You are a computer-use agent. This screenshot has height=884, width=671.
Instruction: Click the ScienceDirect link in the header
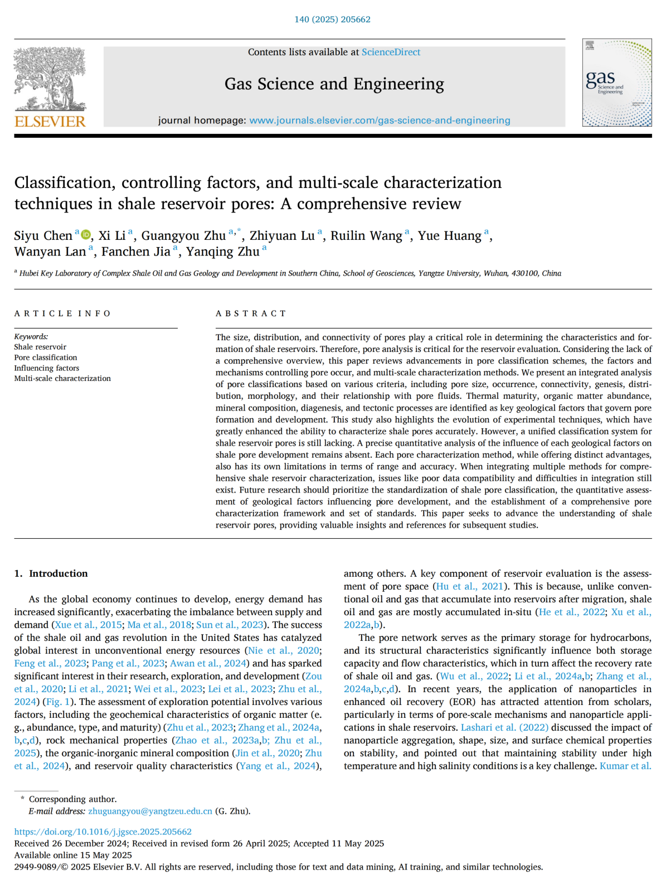click(x=391, y=52)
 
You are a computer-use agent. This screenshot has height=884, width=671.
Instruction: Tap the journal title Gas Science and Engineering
click(x=334, y=84)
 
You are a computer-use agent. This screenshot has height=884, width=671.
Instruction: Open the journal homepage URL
click(x=380, y=120)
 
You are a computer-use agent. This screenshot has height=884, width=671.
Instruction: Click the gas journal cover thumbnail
click(x=616, y=83)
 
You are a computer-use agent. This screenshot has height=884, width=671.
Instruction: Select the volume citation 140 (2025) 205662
click(x=332, y=20)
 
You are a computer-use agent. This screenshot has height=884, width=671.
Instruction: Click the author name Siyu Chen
click(x=43, y=236)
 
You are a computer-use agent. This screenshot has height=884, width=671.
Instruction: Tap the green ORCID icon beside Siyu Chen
click(x=86, y=235)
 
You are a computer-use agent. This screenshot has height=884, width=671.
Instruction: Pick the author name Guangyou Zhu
click(x=183, y=236)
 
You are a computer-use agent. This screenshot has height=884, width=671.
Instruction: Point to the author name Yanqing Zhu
click(x=222, y=252)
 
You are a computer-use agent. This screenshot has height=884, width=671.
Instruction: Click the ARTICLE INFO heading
click(x=62, y=313)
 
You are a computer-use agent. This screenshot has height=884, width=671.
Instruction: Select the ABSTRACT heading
click(x=251, y=313)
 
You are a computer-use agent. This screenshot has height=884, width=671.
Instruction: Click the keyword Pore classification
click(x=46, y=358)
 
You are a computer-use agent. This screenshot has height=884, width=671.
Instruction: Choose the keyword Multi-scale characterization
click(x=62, y=378)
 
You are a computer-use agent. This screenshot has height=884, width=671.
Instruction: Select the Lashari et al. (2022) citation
click(x=504, y=727)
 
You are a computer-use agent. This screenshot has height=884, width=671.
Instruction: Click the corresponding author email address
click(x=150, y=811)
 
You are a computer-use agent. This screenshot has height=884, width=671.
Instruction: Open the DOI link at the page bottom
click(x=103, y=832)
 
